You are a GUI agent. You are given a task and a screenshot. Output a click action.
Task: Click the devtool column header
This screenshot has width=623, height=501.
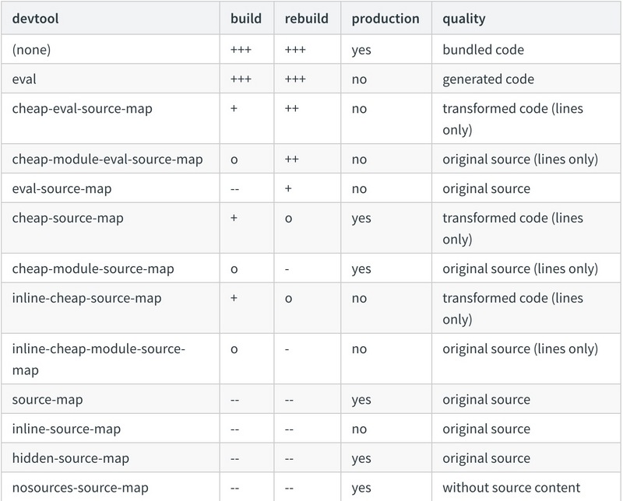tap(35, 19)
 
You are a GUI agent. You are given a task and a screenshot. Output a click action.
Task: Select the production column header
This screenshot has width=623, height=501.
tap(385, 19)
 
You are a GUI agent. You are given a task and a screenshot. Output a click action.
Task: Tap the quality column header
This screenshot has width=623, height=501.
tap(463, 19)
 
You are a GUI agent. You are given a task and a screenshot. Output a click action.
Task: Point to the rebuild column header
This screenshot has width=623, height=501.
tap(306, 19)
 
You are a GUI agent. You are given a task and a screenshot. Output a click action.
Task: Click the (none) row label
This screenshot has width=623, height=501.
tap(31, 50)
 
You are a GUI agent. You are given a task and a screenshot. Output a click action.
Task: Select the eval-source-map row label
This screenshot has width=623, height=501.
tap(62, 188)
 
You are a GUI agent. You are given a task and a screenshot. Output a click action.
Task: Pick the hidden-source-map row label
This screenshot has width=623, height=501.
tap(71, 458)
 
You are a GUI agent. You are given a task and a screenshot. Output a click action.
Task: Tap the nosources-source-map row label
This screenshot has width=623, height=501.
tap(80, 488)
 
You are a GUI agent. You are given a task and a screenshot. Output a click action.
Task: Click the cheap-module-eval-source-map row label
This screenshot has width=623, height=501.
tap(107, 159)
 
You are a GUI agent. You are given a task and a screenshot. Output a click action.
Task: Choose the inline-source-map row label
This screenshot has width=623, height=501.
tap(66, 429)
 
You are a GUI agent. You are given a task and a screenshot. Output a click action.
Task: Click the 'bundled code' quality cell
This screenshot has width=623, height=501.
tap(483, 50)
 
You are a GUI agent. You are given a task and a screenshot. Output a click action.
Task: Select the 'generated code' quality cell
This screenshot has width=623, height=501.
tap(488, 79)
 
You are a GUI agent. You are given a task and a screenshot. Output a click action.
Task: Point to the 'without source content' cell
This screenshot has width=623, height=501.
tap(512, 488)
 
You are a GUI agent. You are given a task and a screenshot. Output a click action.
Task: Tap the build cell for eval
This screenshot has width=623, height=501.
tap(241, 79)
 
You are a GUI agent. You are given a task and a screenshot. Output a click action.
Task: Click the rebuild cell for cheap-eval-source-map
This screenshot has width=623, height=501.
tap(291, 108)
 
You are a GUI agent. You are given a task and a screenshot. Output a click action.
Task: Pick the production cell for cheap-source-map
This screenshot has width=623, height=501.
tap(361, 219)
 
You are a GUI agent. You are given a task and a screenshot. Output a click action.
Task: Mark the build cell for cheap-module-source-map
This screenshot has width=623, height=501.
tap(234, 269)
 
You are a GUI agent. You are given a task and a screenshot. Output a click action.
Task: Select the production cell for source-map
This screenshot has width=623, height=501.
tap(361, 400)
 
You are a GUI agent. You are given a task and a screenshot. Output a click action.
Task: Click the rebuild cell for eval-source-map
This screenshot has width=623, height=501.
tap(288, 188)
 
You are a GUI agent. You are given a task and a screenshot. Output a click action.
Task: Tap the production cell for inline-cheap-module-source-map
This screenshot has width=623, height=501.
tap(359, 349)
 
